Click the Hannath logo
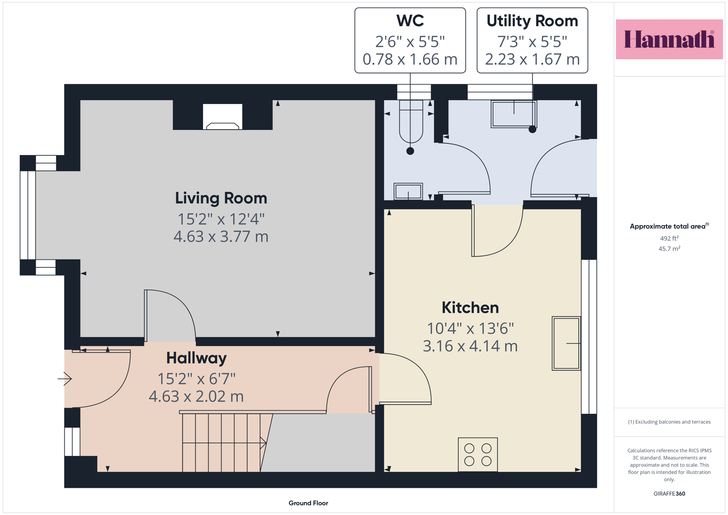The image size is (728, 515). click(x=669, y=39)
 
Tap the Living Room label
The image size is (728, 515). click(x=221, y=198)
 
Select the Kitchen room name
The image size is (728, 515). click(x=470, y=308)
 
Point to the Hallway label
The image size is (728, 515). click(x=196, y=358)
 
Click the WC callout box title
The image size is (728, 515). click(x=410, y=21)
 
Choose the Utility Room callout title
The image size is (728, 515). click(x=532, y=21)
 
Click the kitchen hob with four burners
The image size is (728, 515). click(x=478, y=454)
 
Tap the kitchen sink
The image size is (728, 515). click(x=566, y=343)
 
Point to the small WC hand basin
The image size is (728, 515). click(x=408, y=191)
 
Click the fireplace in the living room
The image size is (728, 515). click(x=223, y=117)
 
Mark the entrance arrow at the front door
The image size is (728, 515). click(x=65, y=379)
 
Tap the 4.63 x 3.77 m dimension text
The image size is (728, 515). click(x=221, y=237)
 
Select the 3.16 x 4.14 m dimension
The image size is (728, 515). click(x=470, y=346)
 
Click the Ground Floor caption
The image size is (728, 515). click(x=308, y=503)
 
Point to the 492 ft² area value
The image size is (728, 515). click(x=669, y=238)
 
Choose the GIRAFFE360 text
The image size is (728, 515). click(x=669, y=494)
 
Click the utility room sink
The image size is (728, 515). click(x=513, y=114)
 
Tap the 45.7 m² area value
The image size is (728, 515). click(x=669, y=249)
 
